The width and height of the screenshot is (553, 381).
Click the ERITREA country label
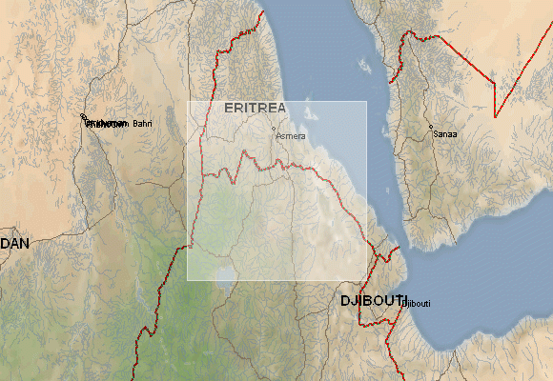pyautogui.click(x=255, y=108)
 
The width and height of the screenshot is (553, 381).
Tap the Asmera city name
pyautogui.click(x=291, y=136)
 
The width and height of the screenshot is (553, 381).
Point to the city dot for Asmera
pyautogui.click(x=274, y=129)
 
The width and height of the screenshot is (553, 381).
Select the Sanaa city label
pyautogui.click(x=445, y=134)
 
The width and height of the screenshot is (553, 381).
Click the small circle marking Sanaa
pyautogui.click(x=430, y=128)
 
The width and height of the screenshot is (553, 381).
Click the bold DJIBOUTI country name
pyautogui.click(x=373, y=301)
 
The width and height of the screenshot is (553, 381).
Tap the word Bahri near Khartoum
pyautogui.click(x=142, y=123)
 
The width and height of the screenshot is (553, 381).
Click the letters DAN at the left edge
pyautogui.click(x=14, y=244)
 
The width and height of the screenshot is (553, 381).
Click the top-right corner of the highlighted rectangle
pyautogui.click(x=367, y=102)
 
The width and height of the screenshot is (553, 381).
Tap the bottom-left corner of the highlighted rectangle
pyautogui.click(x=188, y=280)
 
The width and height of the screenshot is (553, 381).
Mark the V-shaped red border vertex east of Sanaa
pyautogui.click(x=495, y=116)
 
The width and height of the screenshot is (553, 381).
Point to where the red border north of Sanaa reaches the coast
pyautogui.click(x=400, y=43)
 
